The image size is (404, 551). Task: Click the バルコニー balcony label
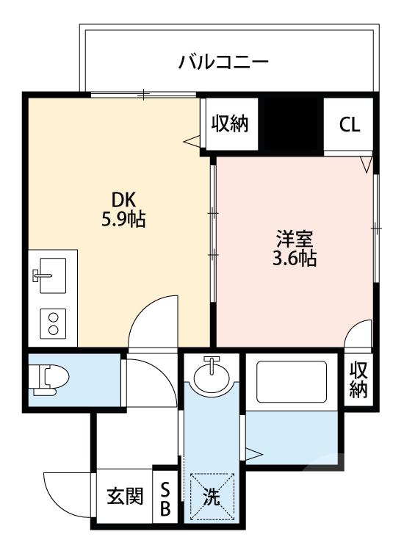click(223, 62)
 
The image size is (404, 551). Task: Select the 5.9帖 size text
click(123, 218)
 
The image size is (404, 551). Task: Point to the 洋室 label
click(295, 239)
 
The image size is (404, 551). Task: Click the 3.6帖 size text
click(295, 258)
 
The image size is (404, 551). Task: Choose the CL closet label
click(350, 124)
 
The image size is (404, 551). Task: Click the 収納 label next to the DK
click(231, 123)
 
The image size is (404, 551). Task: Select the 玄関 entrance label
click(125, 497)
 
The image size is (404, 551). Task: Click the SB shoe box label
click(165, 497)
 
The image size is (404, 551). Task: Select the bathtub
click(292, 383)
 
